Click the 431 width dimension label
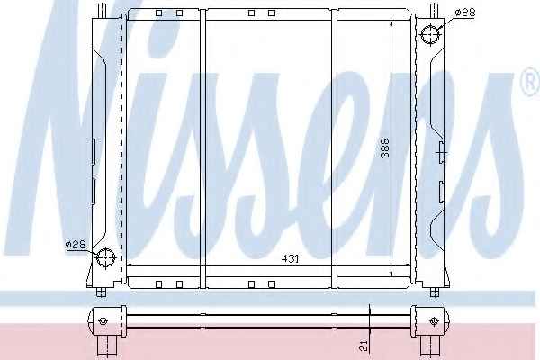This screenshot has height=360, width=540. pyautogui.click(x=290, y=258)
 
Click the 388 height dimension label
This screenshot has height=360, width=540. pyautogui.click(x=385, y=148)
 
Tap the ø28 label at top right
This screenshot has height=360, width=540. pyautogui.click(x=465, y=13)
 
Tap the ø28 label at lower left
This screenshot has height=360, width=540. pyautogui.click(x=76, y=245)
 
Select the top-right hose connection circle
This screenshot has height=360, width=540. pyautogui.click(x=431, y=35)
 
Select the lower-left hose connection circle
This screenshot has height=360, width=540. pyautogui.click(x=105, y=257)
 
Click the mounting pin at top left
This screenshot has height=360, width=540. pyautogui.click(x=101, y=10)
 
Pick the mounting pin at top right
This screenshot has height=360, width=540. pyautogui.click(x=434, y=10)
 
